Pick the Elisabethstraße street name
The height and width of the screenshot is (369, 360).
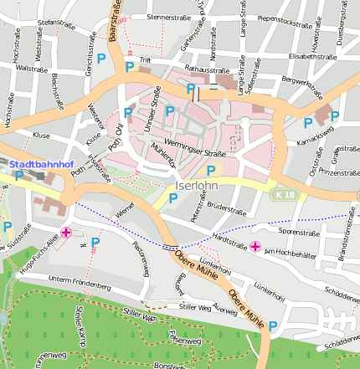(311, 56)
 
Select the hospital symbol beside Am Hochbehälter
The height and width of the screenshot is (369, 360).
(255, 246)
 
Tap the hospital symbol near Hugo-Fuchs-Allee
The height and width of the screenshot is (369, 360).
(66, 233)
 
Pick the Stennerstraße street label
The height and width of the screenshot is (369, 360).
(174, 17)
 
